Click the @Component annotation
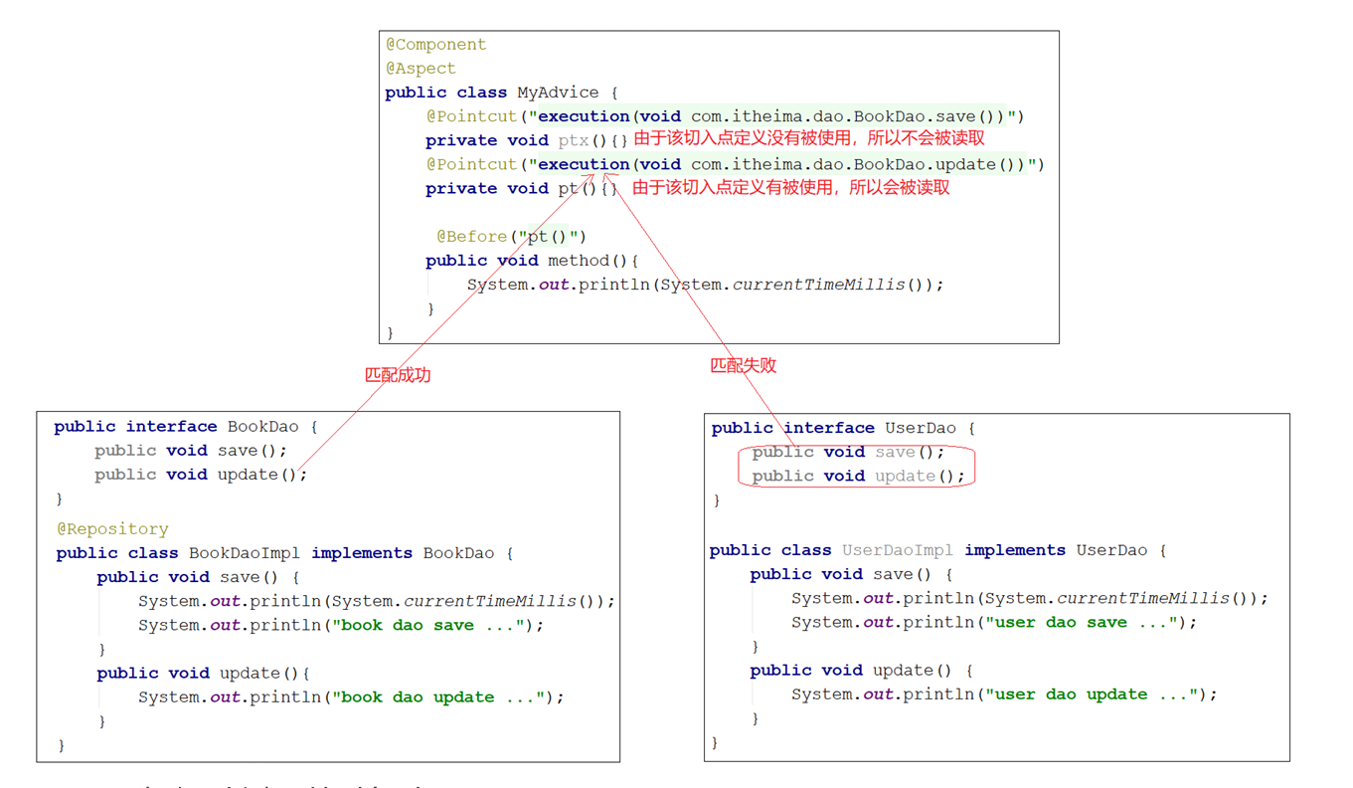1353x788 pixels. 436,45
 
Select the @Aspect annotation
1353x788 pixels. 421,69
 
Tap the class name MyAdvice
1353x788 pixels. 558,93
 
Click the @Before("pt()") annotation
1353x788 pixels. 512,237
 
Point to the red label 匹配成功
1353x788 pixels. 398,375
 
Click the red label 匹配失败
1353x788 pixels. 743,365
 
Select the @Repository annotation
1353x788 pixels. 112,529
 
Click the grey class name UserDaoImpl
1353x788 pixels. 898,550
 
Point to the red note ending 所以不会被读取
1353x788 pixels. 809,139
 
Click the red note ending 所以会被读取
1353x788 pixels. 791,187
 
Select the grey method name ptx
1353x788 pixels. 574,140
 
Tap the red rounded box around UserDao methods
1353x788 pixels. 856,465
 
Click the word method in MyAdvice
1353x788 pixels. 579,261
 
